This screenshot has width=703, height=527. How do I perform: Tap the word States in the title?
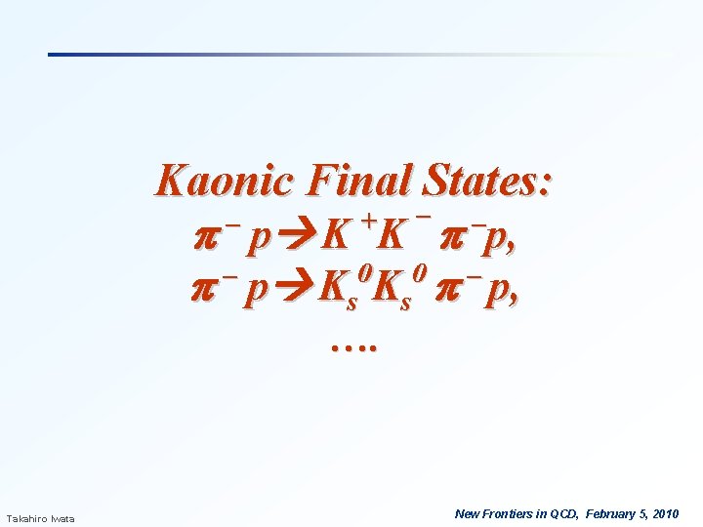[x=489, y=181]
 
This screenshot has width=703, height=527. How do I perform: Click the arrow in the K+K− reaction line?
[x=299, y=236]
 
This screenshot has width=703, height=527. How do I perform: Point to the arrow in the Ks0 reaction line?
[x=299, y=290]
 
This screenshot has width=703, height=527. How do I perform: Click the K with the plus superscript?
[x=338, y=235]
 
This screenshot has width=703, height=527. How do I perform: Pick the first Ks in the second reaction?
[x=341, y=292]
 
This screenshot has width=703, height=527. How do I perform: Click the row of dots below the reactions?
[x=353, y=345]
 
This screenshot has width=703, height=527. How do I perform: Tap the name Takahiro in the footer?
[x=27, y=517]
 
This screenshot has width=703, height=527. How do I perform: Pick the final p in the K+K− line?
[x=505, y=237]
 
